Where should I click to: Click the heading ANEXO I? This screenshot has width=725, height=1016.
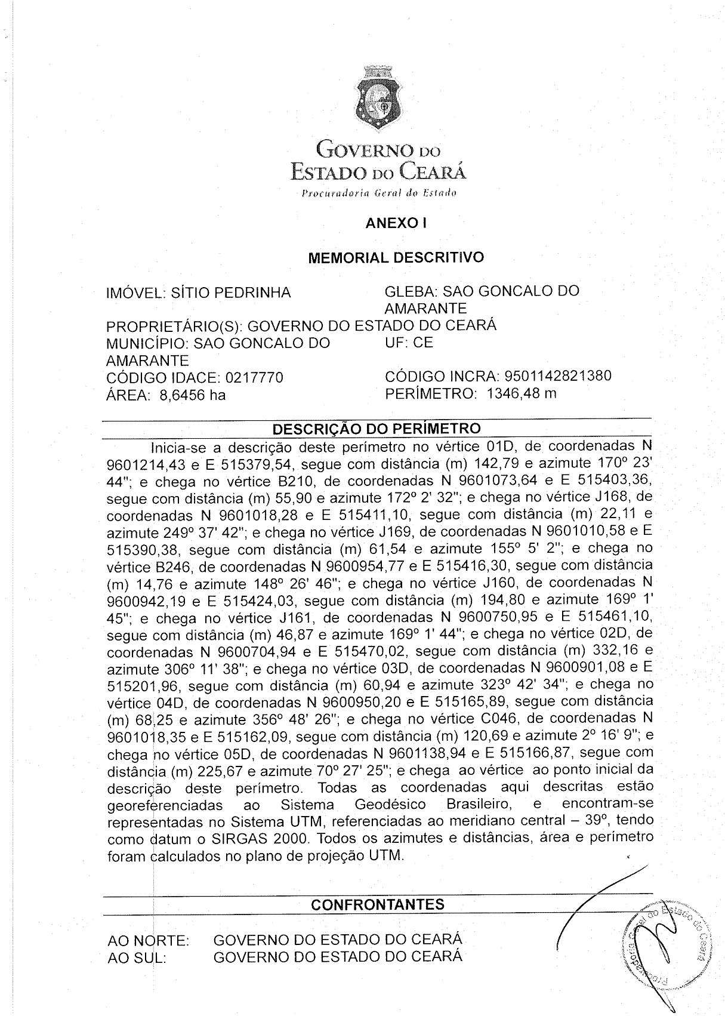pyautogui.click(x=396, y=223)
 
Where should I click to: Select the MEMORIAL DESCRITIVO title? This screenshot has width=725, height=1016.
pyautogui.click(x=396, y=258)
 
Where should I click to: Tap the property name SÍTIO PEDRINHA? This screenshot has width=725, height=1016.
pyautogui.click(x=231, y=293)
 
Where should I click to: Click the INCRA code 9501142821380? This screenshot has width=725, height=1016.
pyautogui.click(x=557, y=376)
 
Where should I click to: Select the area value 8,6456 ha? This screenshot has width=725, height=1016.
pyautogui.click(x=192, y=395)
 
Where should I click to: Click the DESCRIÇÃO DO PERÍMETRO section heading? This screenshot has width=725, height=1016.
pyautogui.click(x=376, y=429)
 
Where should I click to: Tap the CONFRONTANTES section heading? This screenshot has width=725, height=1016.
pyautogui.click(x=378, y=904)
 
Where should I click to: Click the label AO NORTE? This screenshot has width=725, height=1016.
pyautogui.click(x=148, y=941)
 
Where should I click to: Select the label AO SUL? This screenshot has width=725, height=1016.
pyautogui.click(x=137, y=958)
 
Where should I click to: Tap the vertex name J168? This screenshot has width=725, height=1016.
pyautogui.click(x=616, y=498)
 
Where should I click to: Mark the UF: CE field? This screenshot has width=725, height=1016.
pyautogui.click(x=409, y=343)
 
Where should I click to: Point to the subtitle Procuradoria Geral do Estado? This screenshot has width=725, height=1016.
pyautogui.click(x=379, y=193)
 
